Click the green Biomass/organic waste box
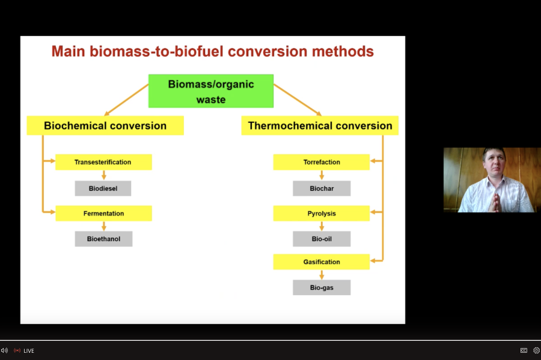coord(210,91)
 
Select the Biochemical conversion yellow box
coord(105,125)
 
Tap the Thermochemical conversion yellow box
coord(320,125)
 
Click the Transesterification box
coord(103,162)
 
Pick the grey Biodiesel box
coord(103,188)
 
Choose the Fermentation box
coord(103,214)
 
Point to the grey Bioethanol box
coord(103,239)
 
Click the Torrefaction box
coord(322,162)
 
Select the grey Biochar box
coord(322,188)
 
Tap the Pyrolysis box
coord(322,214)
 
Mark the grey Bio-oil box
coord(322,239)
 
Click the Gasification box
coord(322,262)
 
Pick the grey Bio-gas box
coord(322,288)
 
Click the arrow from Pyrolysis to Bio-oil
coord(322,226)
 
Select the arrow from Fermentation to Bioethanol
coord(104,226)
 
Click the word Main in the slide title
coord(70,52)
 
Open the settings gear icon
coord(536,350)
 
